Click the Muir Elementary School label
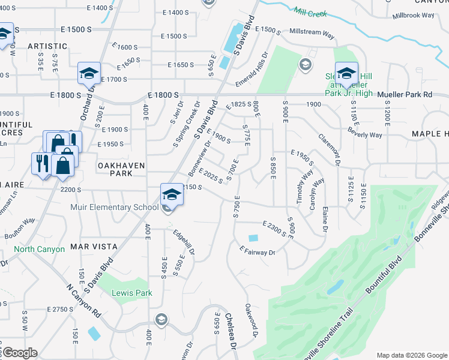(121, 208)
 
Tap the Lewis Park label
(131, 293)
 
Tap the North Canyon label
(39, 249)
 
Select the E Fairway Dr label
(257, 251)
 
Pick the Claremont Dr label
(330, 150)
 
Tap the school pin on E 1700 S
(89, 74)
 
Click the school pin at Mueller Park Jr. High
(346, 73)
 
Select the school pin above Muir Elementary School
(171, 194)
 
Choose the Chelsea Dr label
(231, 329)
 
